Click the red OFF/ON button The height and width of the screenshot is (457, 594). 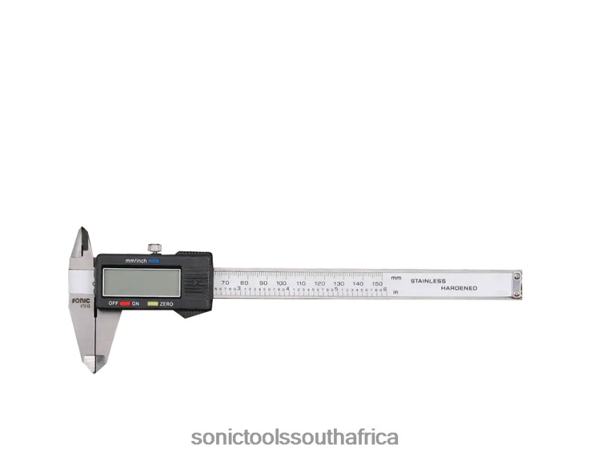tap(125, 304)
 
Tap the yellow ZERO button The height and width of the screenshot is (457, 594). tap(153, 304)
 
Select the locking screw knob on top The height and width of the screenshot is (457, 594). tap(154, 247)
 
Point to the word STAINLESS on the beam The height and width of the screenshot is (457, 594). tap(427, 281)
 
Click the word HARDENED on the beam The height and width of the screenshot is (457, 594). tap(458, 288)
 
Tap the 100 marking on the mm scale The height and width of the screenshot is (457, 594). tap(281, 283)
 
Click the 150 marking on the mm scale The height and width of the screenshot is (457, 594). tap(377, 283)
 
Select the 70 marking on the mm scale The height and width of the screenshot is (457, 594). tap(224, 283)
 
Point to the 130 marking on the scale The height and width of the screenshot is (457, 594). tap(339, 283)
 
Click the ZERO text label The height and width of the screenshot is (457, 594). tap(166, 304)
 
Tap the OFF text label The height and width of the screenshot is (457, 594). tap(112, 304)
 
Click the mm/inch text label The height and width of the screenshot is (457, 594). tap(136, 261)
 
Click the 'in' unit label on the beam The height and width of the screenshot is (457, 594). tap(395, 292)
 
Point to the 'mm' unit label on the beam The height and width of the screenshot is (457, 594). tap(396, 278)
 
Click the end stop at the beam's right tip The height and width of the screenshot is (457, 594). tap(517, 286)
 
